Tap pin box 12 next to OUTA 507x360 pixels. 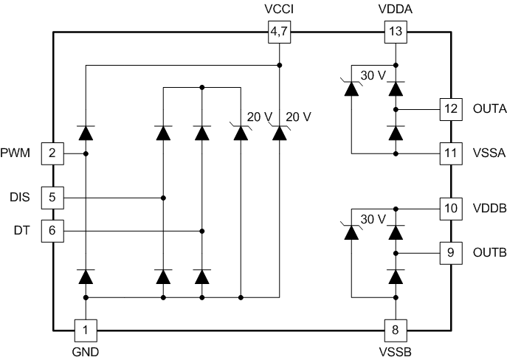(450, 109)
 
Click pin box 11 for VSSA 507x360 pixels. (450, 153)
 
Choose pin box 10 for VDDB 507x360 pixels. (450, 209)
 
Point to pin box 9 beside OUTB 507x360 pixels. (450, 252)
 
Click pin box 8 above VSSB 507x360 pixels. (396, 329)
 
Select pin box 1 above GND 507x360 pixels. (86, 329)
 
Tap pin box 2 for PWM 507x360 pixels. (52, 153)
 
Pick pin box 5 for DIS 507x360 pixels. (52, 198)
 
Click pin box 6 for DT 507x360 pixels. (52, 231)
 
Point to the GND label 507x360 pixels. (86, 352)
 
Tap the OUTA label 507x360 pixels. (488, 109)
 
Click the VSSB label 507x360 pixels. (396, 352)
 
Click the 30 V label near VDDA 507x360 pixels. (373, 74)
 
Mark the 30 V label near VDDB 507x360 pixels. (373, 218)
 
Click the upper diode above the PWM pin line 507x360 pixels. (86, 133)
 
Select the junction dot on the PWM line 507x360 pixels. (86, 153)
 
